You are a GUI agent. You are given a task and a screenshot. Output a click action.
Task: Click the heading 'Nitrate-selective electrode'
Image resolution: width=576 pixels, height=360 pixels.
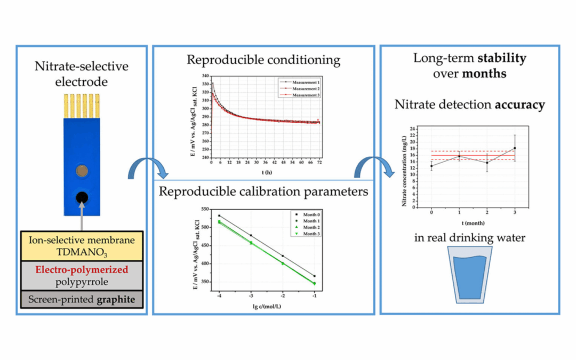click(82, 74)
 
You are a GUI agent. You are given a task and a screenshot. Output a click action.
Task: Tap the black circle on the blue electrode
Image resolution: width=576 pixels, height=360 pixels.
click(82, 196)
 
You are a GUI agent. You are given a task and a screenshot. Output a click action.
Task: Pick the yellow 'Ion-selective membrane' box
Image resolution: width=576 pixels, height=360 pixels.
click(82, 246)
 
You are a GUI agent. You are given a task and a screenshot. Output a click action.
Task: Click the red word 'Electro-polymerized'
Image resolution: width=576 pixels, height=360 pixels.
click(82, 270)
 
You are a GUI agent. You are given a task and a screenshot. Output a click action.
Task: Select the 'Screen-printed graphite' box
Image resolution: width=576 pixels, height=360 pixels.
click(82, 300)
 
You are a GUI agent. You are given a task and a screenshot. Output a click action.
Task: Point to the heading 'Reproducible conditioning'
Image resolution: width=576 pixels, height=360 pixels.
click(263, 59)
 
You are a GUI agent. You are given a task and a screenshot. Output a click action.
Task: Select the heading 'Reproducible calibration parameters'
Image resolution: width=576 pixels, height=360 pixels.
click(263, 191)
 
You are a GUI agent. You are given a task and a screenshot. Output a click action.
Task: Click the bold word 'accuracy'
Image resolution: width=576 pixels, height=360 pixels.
click(520, 105)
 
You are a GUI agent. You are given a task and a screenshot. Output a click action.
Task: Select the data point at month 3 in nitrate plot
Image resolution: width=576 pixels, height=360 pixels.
click(515, 148)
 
